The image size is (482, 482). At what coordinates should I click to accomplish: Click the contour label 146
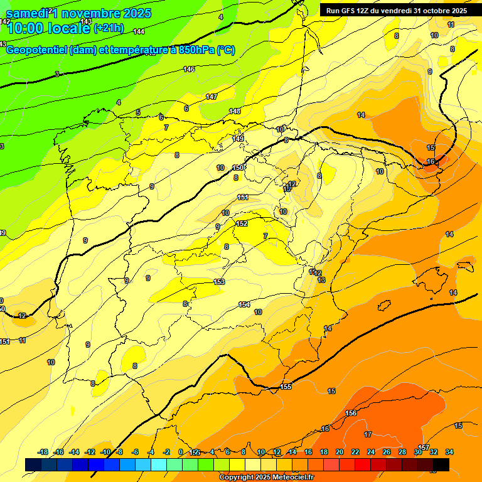point(189,69)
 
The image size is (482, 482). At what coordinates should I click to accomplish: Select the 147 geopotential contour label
point(212,97)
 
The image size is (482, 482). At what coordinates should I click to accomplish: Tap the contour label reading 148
point(235,111)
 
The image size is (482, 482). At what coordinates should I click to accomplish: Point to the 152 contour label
point(242,223)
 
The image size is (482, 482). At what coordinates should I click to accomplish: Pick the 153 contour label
point(219,282)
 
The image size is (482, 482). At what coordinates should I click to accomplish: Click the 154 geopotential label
point(244,304)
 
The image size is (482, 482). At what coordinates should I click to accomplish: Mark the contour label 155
point(286,387)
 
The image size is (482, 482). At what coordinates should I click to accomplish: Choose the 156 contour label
point(351,413)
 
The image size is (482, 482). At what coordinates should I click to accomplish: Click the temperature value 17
point(368,434)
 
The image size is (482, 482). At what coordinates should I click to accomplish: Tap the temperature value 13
point(321,280)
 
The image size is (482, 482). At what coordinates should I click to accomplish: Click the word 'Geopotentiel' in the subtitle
point(36,50)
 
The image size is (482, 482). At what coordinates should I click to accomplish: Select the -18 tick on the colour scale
point(43,452)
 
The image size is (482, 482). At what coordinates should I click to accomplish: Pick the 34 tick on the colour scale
point(449,452)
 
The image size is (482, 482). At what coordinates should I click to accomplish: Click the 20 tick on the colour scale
point(340,452)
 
